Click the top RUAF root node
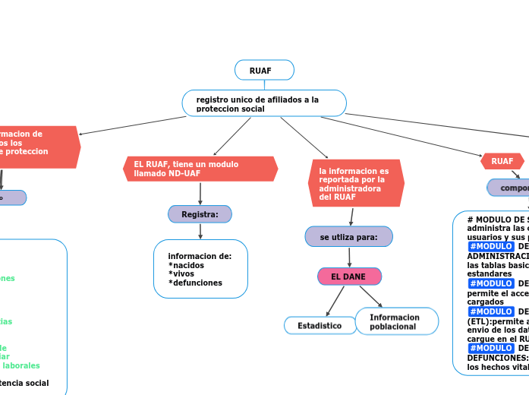tap(264, 71)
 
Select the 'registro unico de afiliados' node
tap(264, 103)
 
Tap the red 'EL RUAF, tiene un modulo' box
tap(200, 169)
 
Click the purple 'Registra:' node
tap(200, 215)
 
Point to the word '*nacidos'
tap(186, 265)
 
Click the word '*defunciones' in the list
tap(195, 283)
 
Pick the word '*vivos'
tap(181, 274)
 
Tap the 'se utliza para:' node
tap(348, 237)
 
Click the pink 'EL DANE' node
tap(348, 276)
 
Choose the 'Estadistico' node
tap(320, 326)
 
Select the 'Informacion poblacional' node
tap(396, 322)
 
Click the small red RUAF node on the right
tap(502, 161)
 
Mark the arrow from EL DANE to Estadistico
tap(334, 301)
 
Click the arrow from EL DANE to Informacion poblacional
tap(370, 297)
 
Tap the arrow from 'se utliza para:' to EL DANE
tap(348, 257)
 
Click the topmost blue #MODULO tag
tap(490, 246)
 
